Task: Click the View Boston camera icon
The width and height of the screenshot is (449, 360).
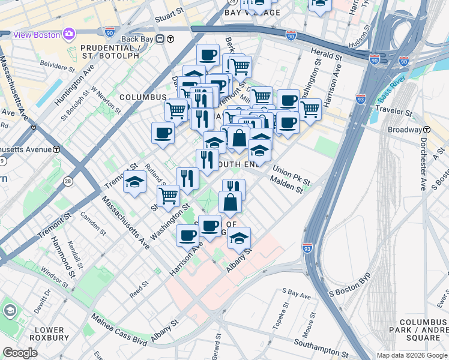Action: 69,34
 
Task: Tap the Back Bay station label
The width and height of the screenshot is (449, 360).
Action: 137,39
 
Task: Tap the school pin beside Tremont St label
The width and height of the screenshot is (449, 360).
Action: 135,182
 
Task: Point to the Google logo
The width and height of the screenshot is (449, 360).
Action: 20,353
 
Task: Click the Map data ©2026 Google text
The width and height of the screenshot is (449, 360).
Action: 411,355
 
